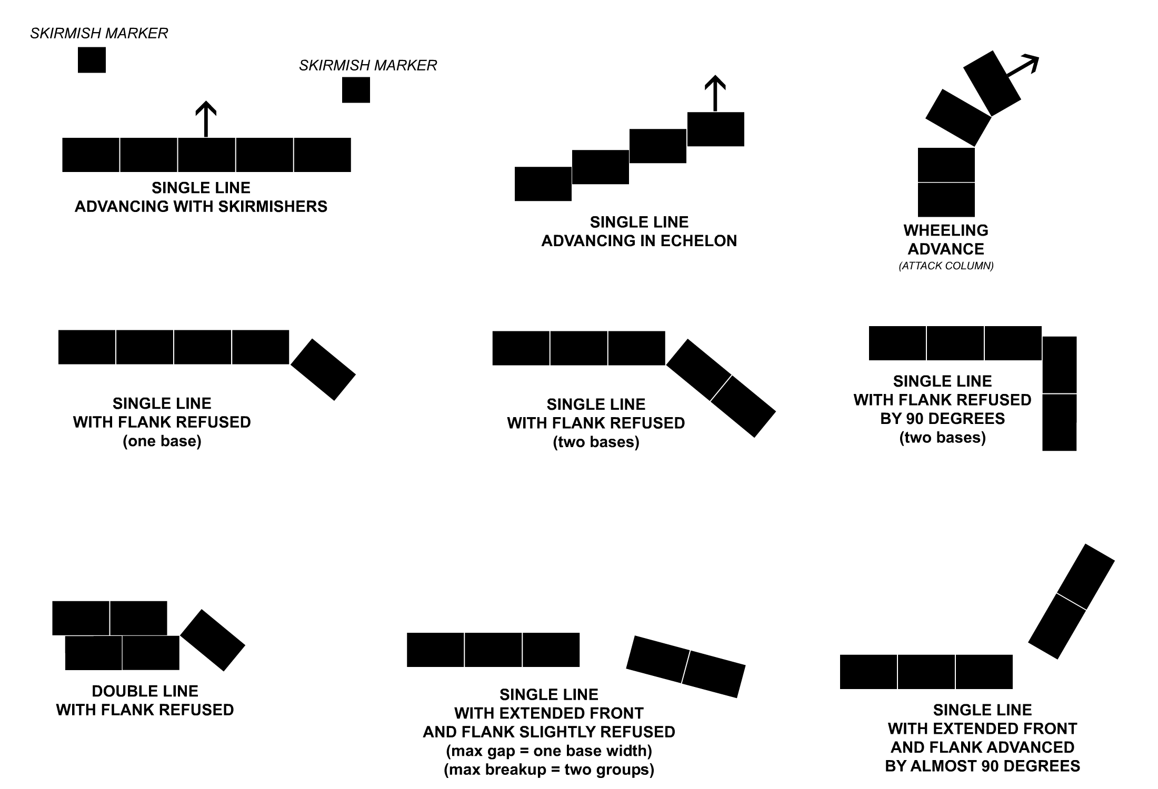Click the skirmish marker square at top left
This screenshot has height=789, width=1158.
92,60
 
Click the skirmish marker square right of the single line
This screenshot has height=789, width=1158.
356,90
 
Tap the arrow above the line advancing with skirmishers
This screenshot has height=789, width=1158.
206,119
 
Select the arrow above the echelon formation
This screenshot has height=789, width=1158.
715,94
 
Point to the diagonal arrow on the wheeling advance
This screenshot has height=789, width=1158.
1022,66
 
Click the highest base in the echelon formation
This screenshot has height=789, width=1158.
716,129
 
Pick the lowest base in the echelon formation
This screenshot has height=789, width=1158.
543,184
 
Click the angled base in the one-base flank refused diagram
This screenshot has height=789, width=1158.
323,369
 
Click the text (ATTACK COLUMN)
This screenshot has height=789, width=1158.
946,266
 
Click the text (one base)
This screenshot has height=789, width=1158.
162,441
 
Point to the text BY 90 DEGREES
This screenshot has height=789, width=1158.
943,419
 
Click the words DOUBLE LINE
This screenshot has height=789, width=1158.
145,691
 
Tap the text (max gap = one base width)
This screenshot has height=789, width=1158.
549,751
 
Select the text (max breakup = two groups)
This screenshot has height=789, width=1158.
549,770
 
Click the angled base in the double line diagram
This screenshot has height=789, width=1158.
213,640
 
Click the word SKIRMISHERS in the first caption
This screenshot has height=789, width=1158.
273,206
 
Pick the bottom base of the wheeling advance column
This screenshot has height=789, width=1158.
946,200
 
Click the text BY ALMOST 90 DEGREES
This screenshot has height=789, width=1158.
983,766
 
